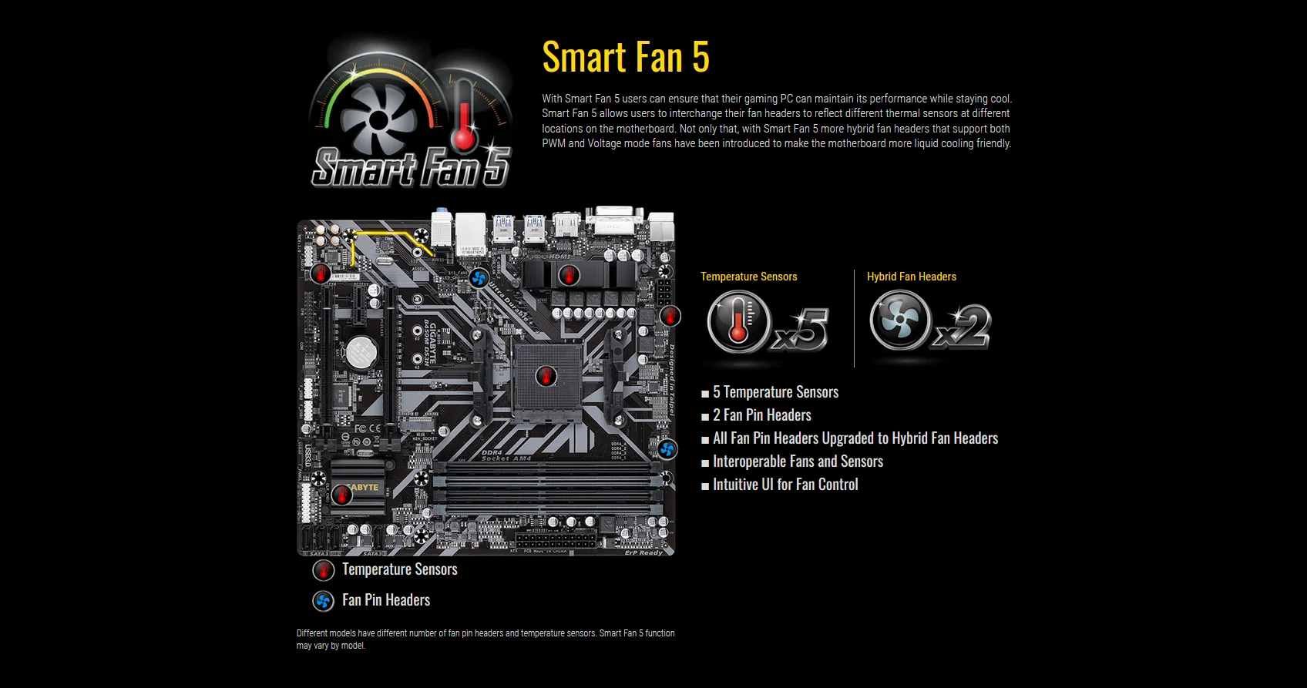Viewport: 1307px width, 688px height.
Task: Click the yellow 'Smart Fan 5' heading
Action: point(625,57)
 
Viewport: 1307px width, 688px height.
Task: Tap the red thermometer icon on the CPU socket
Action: point(546,377)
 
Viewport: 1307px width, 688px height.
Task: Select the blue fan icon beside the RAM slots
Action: point(667,448)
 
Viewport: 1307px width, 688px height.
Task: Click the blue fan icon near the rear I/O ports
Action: point(479,277)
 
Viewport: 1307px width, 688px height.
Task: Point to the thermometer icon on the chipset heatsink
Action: point(341,495)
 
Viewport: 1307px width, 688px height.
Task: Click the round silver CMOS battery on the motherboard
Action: point(360,352)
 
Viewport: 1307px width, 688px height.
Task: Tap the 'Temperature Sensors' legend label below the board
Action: point(399,569)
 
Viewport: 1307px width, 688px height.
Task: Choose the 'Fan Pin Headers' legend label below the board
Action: point(385,600)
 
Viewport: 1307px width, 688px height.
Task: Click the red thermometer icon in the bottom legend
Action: point(323,570)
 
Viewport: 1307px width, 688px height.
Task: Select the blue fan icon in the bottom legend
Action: point(323,601)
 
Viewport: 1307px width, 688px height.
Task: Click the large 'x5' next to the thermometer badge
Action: point(802,329)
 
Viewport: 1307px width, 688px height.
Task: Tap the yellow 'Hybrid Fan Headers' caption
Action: point(911,277)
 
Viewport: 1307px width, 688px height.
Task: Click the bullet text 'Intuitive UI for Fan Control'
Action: point(785,485)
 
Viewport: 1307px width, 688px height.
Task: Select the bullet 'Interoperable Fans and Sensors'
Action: point(798,461)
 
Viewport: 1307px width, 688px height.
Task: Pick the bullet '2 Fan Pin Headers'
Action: point(761,415)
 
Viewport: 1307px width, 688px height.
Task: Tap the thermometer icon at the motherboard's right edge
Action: point(670,315)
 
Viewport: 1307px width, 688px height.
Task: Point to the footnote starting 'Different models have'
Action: point(486,639)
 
